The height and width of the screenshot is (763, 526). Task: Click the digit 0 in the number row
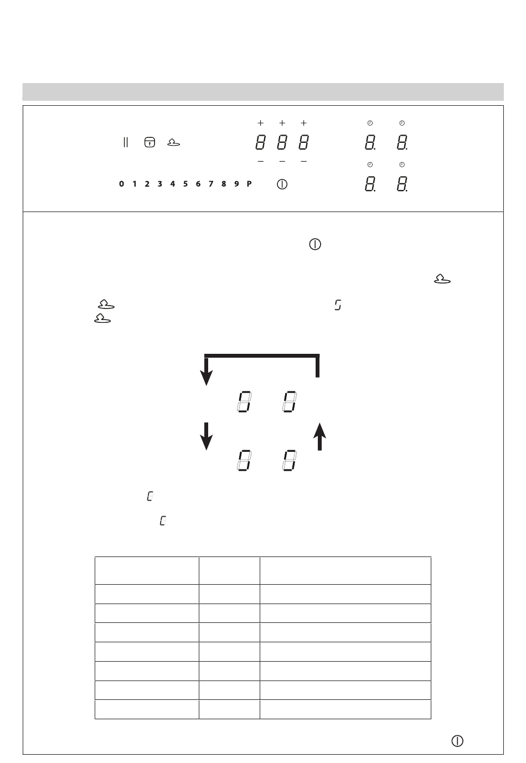pyautogui.click(x=122, y=184)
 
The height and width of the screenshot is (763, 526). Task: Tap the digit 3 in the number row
pyautogui.click(x=160, y=184)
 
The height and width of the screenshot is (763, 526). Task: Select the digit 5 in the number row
pyautogui.click(x=185, y=184)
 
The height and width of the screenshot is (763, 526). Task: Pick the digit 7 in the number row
pyautogui.click(x=211, y=184)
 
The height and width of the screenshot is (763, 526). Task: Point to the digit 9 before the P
pyautogui.click(x=236, y=184)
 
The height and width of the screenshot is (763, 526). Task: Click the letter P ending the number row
pyautogui.click(x=249, y=184)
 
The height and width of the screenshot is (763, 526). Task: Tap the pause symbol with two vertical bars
pyautogui.click(x=126, y=142)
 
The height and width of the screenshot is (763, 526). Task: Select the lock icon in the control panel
pyautogui.click(x=149, y=142)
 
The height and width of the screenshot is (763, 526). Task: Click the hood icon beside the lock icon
pyautogui.click(x=174, y=142)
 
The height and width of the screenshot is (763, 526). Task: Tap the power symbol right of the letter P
pyautogui.click(x=282, y=184)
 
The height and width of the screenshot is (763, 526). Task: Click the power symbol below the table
pyautogui.click(x=457, y=741)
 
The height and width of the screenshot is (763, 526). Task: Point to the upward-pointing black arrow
pyautogui.click(x=319, y=436)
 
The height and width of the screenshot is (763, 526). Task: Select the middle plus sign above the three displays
pyautogui.click(x=282, y=123)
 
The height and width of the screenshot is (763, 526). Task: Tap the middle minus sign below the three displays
pyautogui.click(x=282, y=161)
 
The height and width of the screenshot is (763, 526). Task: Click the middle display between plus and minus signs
pyautogui.click(x=282, y=142)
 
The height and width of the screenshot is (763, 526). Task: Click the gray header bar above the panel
pyautogui.click(x=263, y=91)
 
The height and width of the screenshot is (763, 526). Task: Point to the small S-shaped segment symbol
pyautogui.click(x=338, y=305)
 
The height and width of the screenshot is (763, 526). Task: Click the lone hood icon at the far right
pyautogui.click(x=442, y=279)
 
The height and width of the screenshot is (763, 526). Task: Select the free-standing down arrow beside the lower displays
pyautogui.click(x=206, y=436)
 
